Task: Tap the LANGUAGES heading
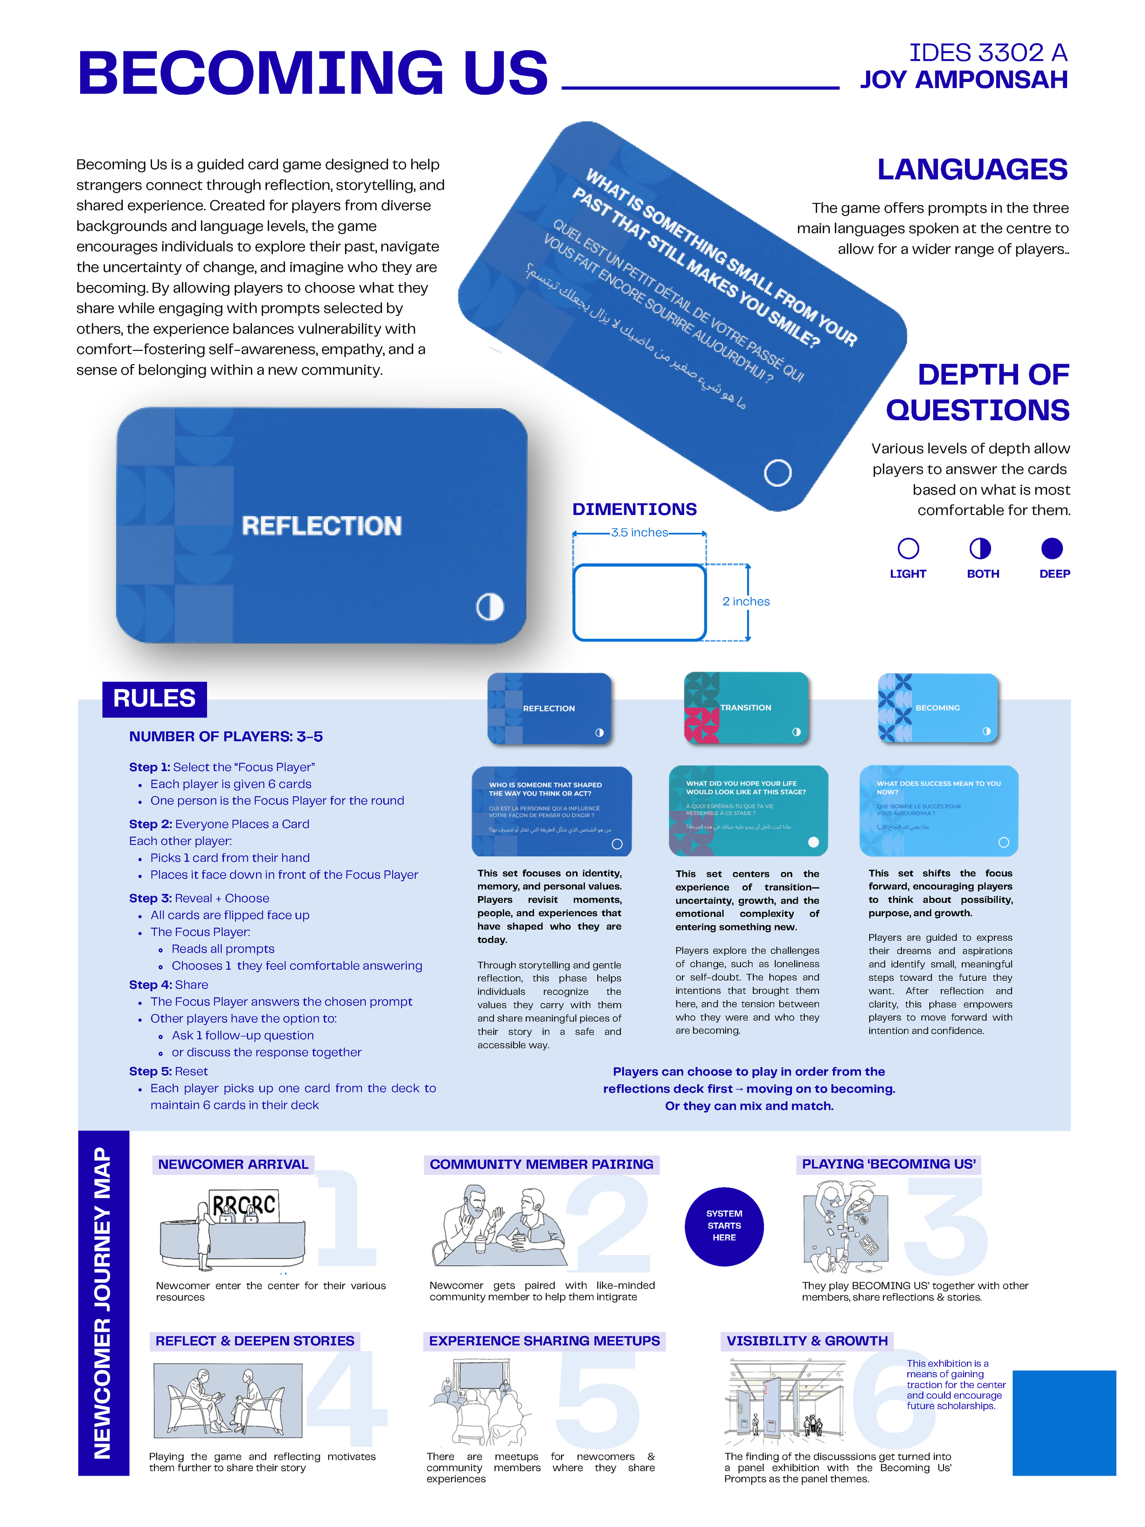tap(972, 170)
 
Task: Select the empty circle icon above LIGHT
tap(908, 549)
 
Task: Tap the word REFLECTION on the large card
tap(322, 526)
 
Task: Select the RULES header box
tap(154, 699)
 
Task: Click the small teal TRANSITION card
tap(745, 707)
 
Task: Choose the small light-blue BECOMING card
tap(937, 707)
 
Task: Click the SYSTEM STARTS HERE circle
tap(724, 1226)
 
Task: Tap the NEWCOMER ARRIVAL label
tap(233, 1165)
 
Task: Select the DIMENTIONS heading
tap(634, 509)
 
